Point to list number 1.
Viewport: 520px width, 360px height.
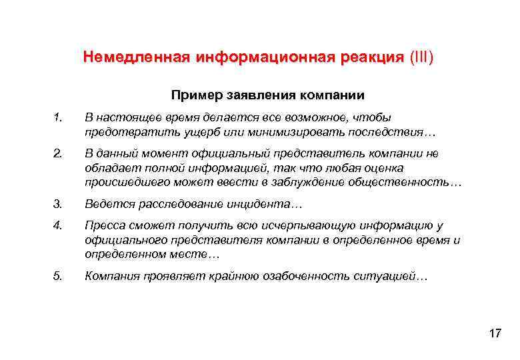[x=58, y=118]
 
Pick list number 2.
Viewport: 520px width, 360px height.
[x=59, y=154]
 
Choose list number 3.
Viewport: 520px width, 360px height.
[x=59, y=203]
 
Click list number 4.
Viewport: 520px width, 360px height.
[x=59, y=227]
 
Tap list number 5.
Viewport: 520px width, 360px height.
[x=59, y=276]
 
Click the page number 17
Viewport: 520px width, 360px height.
[x=494, y=333]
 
